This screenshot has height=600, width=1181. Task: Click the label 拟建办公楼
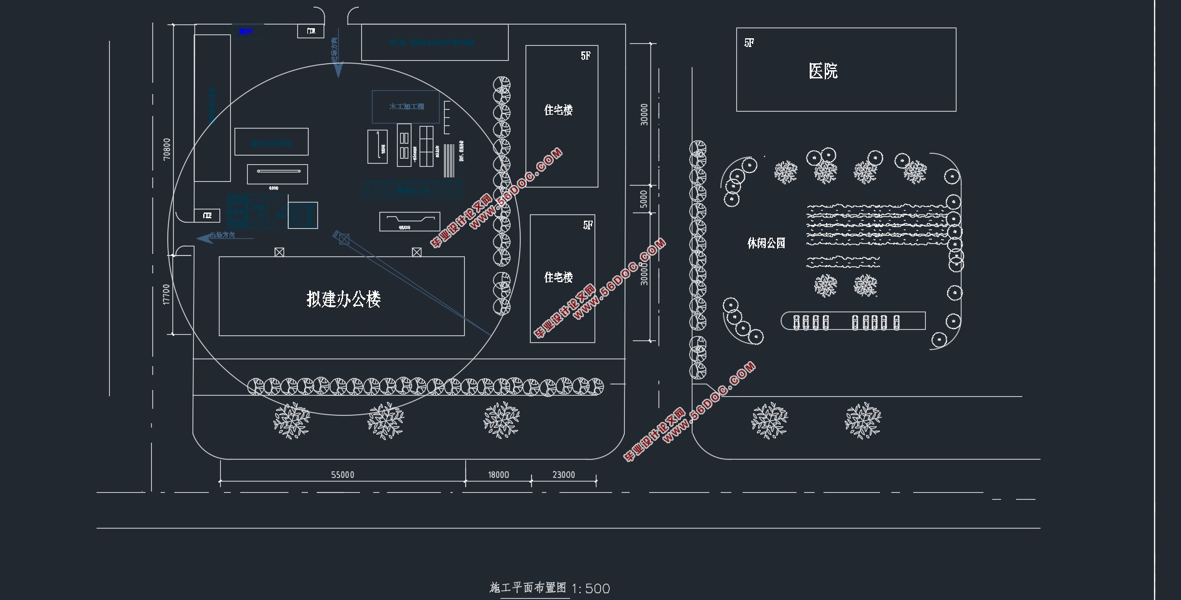coord(344,299)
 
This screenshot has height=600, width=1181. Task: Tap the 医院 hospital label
coord(823,71)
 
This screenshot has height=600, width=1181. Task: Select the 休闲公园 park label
coord(766,243)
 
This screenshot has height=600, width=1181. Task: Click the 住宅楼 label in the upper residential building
coord(558,110)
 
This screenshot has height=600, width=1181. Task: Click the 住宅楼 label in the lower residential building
coord(558,277)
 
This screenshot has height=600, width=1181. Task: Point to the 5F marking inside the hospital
coord(749,43)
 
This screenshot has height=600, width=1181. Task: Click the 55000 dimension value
coord(342,475)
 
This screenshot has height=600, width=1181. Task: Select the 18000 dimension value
coord(499,475)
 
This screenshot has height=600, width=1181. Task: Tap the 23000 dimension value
coord(563,475)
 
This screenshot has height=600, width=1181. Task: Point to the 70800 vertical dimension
coord(166,149)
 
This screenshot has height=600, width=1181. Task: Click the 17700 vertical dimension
coord(166,294)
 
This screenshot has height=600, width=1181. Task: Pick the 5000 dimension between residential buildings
coord(643,199)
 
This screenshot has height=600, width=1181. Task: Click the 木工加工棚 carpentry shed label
coord(406,107)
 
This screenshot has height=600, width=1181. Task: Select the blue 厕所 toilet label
coord(246,31)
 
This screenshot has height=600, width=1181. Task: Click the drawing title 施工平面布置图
coord(527,587)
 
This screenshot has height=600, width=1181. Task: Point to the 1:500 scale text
coord(590,589)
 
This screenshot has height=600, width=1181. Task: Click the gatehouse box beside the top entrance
coord(310,31)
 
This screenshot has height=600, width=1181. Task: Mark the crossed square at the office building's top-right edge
coord(416,252)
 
